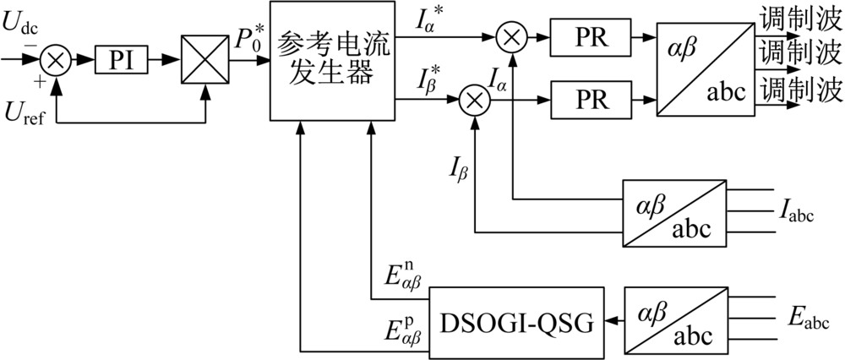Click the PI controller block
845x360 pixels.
click(x=121, y=60)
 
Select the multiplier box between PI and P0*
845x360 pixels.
click(x=204, y=59)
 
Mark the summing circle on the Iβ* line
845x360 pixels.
click(x=474, y=99)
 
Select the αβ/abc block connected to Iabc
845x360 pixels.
click(x=674, y=214)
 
